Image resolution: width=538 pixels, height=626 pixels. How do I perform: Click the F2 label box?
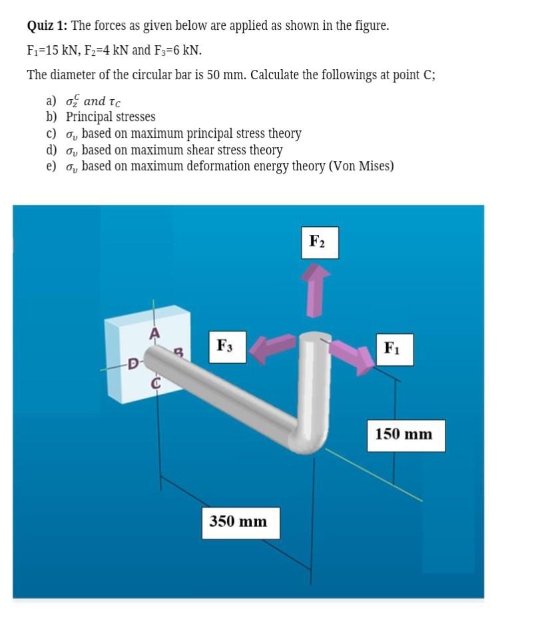[319, 242]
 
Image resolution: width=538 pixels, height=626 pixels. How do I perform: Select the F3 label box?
[227, 347]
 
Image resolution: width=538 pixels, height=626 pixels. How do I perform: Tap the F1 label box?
[394, 349]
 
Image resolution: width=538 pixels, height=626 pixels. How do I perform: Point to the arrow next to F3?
[274, 349]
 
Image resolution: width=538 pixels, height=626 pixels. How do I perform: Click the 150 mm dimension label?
[403, 434]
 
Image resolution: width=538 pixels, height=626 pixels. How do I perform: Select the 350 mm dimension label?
[238, 521]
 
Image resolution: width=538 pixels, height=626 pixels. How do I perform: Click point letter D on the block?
[133, 363]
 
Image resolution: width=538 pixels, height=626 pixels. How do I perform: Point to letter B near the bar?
[178, 352]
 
